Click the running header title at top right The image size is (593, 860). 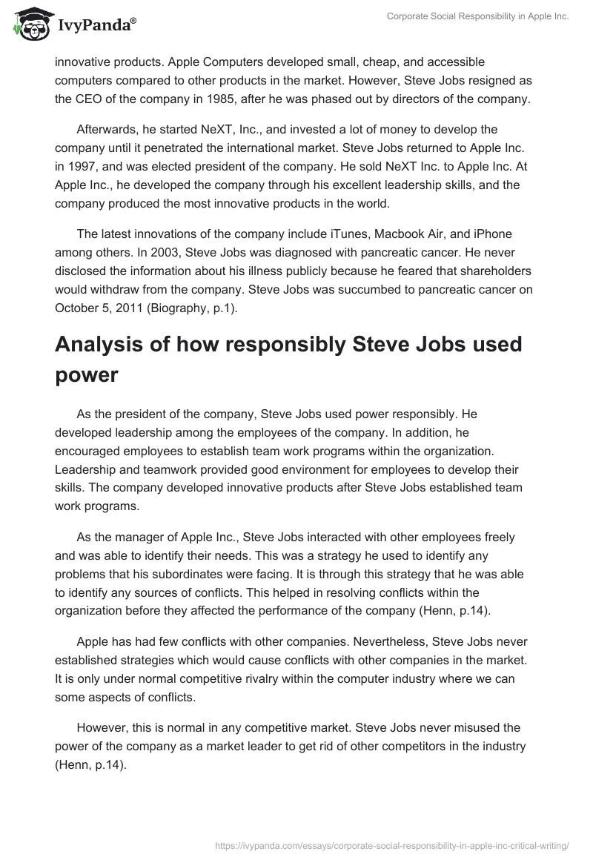point(477,16)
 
